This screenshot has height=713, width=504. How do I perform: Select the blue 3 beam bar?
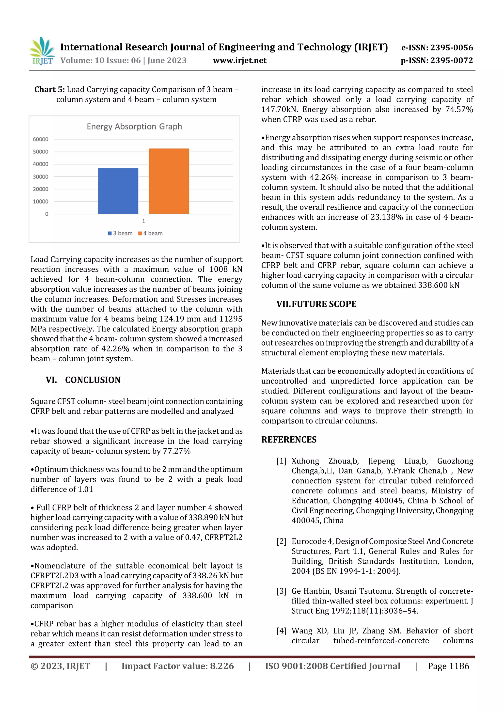coord(118,191)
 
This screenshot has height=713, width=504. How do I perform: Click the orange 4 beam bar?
coord(169,181)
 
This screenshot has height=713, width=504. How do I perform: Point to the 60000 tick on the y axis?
coord(41,139)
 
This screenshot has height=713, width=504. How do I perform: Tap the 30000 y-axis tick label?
coord(41,177)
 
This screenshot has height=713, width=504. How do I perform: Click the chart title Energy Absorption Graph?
coord(134,127)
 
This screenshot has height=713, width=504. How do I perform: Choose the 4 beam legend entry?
coord(151,233)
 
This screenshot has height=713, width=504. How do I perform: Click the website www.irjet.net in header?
coord(239,60)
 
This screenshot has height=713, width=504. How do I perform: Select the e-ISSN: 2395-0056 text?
coord(437,48)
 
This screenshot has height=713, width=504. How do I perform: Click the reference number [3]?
coord(281,591)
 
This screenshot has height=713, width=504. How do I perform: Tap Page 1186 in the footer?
coord(448,666)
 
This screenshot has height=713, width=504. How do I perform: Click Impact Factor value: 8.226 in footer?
coord(177,666)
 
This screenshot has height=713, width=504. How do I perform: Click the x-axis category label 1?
coord(143,221)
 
